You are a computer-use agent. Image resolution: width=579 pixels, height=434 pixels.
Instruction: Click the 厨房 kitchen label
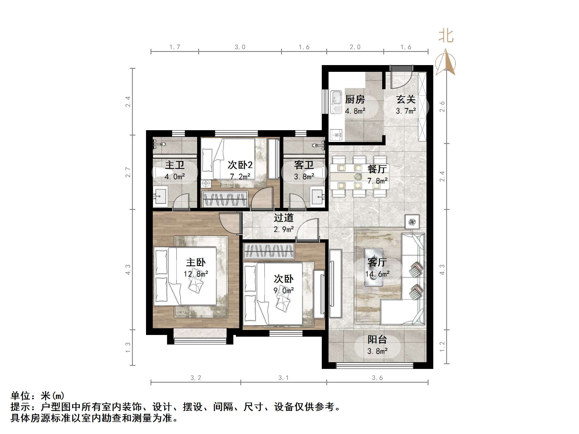tap(355, 99)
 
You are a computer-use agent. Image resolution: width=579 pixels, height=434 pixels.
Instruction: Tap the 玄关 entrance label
tap(406, 99)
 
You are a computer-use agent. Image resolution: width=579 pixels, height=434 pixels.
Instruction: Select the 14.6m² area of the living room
tap(377, 274)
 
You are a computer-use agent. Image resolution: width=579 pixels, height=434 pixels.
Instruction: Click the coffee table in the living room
tap(373, 267)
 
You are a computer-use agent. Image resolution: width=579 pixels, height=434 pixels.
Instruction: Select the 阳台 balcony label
tap(377, 339)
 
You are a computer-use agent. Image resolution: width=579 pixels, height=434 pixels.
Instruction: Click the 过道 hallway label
tap(284, 218)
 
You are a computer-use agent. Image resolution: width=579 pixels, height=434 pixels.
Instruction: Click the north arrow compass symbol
tap(445, 63)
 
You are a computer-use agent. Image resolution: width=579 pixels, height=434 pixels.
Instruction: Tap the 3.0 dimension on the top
tap(240, 47)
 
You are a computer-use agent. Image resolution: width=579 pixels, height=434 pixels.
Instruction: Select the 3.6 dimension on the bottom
tap(377, 378)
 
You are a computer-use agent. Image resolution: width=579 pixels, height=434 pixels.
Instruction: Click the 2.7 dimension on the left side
tap(128, 172)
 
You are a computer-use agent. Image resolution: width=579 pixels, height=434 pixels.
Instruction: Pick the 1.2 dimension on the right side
tap(442, 347)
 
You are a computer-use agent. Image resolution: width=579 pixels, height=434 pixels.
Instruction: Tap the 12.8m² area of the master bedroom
tap(196, 274)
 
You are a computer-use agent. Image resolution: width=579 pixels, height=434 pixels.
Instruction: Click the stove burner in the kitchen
tap(336, 135)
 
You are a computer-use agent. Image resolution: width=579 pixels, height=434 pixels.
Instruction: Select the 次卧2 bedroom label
tap(240, 165)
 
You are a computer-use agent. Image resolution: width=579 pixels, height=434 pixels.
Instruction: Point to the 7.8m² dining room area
tap(377, 181)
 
